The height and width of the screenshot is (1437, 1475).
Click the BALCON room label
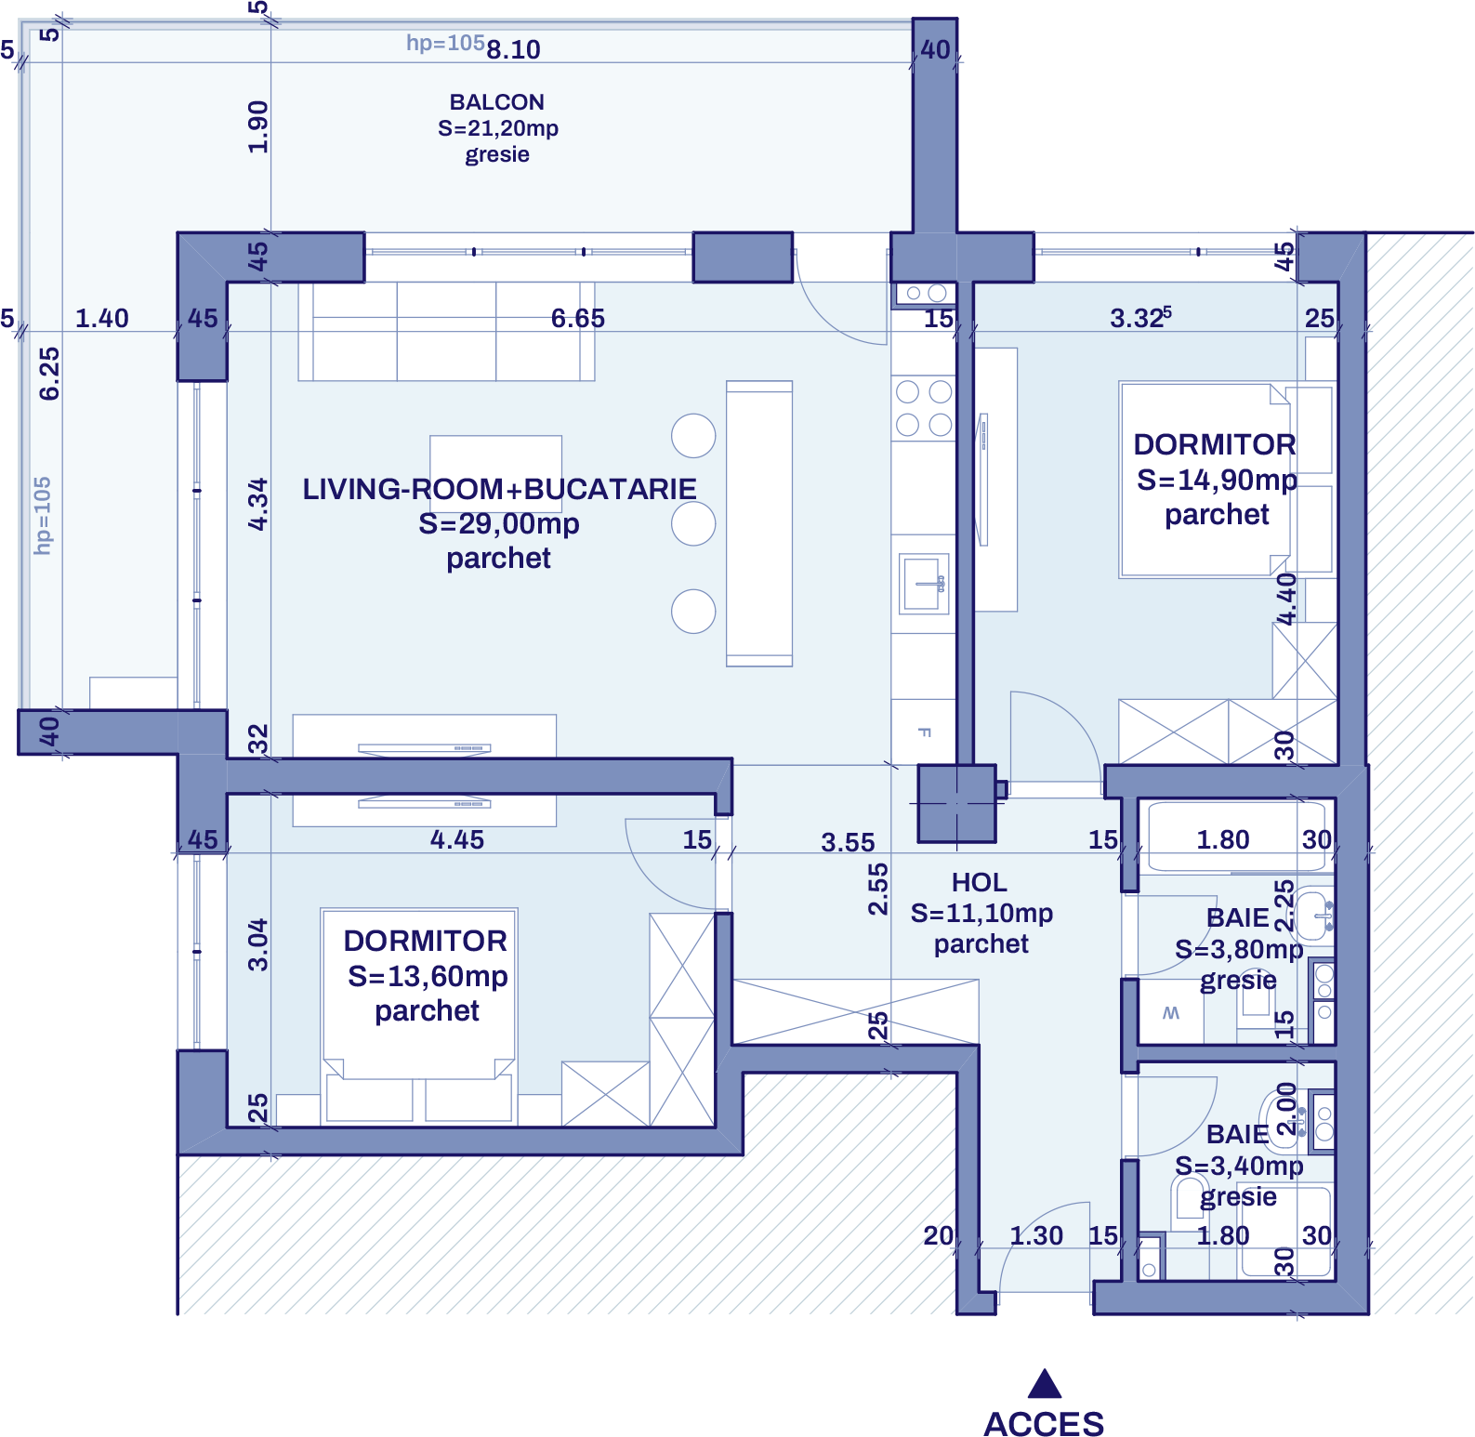pyautogui.click(x=497, y=102)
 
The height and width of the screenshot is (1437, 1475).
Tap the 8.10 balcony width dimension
pyautogui.click(x=513, y=49)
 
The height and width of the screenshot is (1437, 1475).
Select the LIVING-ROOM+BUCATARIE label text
pyautogui.click(x=499, y=489)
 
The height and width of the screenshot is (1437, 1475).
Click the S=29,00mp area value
pyautogui.click(x=499, y=524)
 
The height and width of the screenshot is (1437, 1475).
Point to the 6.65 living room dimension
pyautogui.click(x=577, y=319)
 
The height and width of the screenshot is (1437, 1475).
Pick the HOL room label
pyautogui.click(x=979, y=882)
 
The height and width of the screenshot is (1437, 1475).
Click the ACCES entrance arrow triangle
pyautogui.click(x=1045, y=1384)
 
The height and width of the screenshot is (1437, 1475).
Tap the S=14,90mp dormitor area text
pyautogui.click(x=1217, y=481)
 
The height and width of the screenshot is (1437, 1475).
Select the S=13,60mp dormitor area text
pyautogui.click(x=428, y=977)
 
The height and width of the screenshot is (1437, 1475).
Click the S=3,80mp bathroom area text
pyautogui.click(x=1238, y=950)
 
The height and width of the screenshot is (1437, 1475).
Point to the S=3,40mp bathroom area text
pyautogui.click(x=1238, y=1166)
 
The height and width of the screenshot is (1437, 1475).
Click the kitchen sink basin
pyautogui.click(x=922, y=584)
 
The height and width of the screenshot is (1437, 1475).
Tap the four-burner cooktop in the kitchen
pyautogui.click(x=924, y=408)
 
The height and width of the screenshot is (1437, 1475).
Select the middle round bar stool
pyautogui.click(x=693, y=523)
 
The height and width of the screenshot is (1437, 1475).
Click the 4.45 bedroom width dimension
pyautogui.click(x=456, y=840)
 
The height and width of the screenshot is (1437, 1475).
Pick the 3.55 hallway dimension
pyautogui.click(x=848, y=843)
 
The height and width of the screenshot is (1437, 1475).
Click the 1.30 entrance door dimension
pyautogui.click(x=1036, y=1236)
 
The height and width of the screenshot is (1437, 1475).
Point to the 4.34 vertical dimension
pyautogui.click(x=258, y=505)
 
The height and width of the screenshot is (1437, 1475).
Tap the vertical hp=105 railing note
pyautogui.click(x=43, y=516)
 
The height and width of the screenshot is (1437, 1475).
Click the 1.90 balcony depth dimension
pyautogui.click(x=258, y=127)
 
